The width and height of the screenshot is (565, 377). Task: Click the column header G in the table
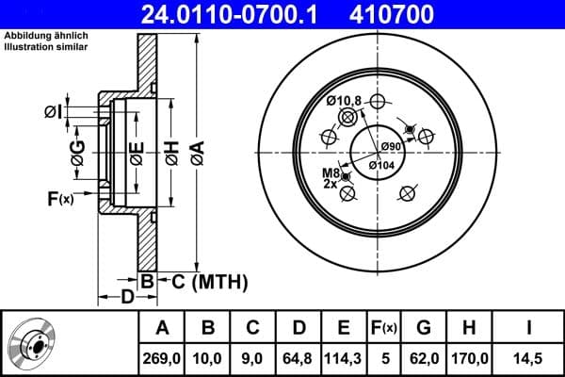pyautogui.click(x=423, y=327)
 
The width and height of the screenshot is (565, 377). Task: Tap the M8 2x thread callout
pyautogui.click(x=330, y=178)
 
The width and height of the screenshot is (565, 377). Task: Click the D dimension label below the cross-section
pyautogui.click(x=125, y=299)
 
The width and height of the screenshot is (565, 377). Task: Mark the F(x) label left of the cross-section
pyautogui.click(x=59, y=199)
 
